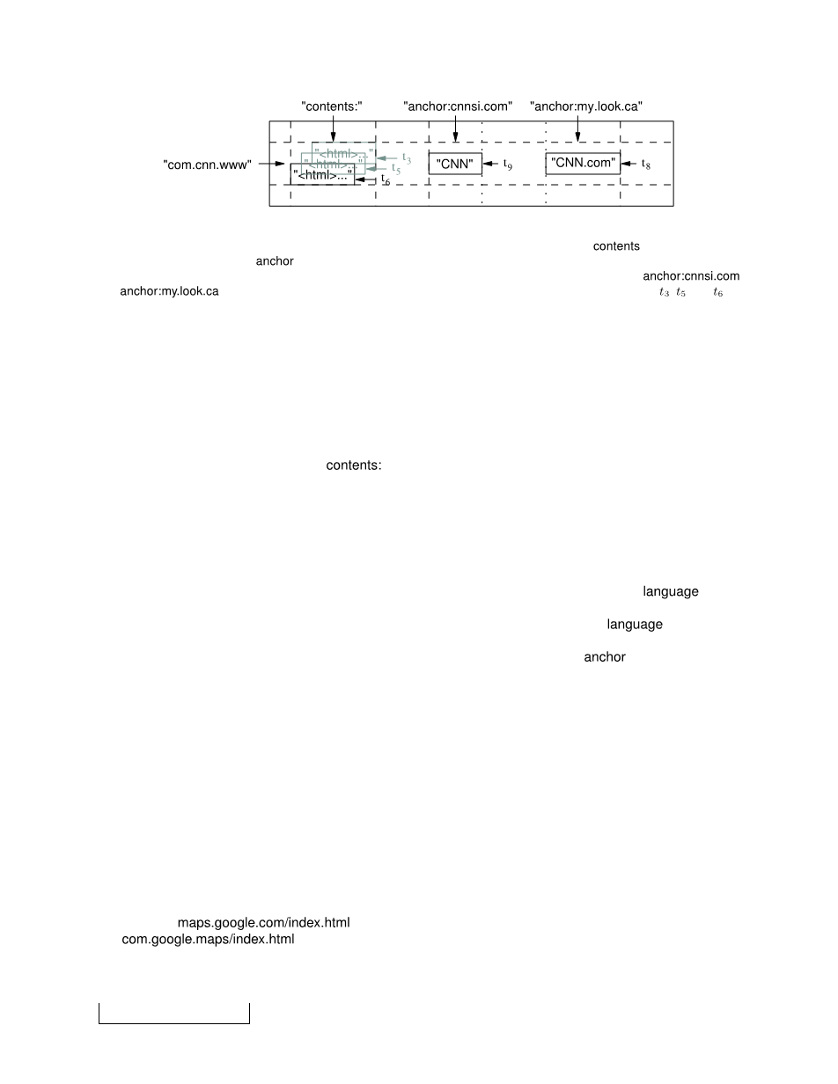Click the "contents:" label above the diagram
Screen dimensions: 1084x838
pos(332,106)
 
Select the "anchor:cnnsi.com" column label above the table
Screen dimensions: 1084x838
pos(458,106)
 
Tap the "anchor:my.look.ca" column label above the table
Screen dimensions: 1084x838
pos(586,106)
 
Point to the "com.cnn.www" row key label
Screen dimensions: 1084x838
pos(208,165)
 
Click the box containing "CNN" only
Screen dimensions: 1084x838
pos(455,165)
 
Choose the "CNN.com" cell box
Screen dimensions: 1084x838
pos(583,164)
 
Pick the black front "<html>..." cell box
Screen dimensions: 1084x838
pos(322,175)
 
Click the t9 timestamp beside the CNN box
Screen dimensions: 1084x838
pos(508,164)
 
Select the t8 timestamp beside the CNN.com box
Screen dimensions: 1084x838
pos(646,164)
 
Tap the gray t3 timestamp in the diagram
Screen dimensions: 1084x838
pos(407,158)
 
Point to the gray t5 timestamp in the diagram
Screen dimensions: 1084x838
pos(396,169)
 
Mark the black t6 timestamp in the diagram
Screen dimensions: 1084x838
pos(386,180)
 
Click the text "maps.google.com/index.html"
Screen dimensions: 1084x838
pos(264,923)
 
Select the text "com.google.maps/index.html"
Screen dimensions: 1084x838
pos(208,940)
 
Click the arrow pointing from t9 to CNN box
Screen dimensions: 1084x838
pos(492,164)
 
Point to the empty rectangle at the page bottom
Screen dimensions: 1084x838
pos(174,1014)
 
